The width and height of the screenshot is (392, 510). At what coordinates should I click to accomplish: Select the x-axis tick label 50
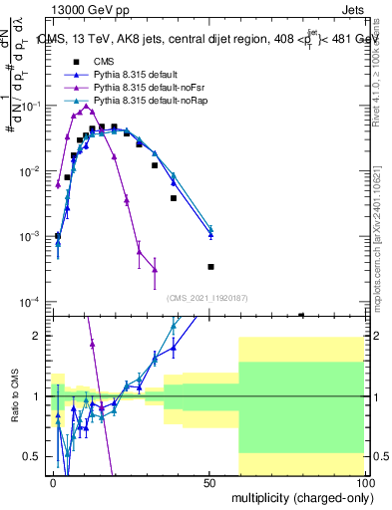(209, 482)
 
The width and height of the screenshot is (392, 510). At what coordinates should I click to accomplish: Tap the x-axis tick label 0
(54, 482)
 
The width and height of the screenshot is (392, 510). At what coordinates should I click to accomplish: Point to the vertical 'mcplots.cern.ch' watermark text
(382, 249)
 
